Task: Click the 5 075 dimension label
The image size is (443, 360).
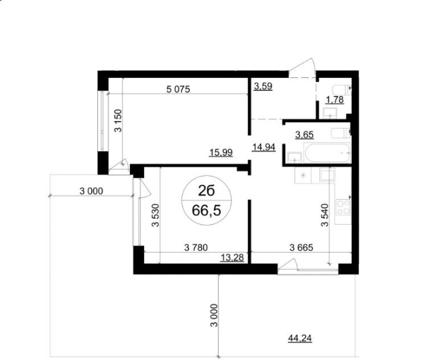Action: [178, 89]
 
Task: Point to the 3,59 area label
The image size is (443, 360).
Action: [263, 86]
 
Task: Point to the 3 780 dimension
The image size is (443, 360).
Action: [196, 247]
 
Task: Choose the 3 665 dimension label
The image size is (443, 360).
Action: [301, 247]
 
